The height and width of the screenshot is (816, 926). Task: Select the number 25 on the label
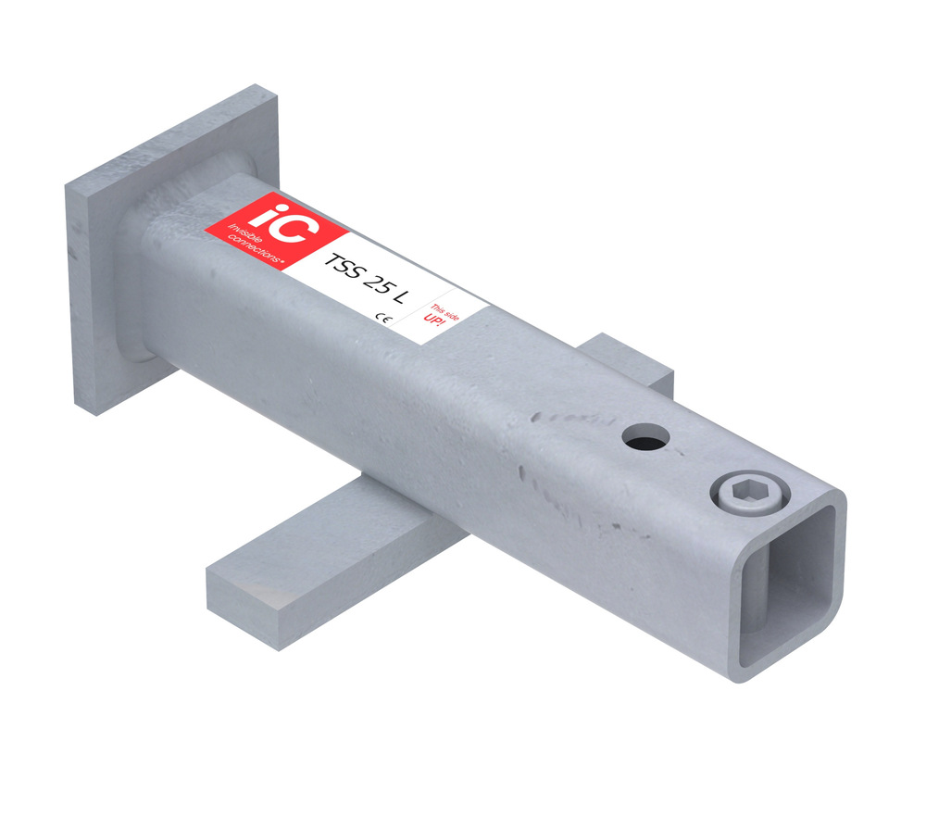[376, 284]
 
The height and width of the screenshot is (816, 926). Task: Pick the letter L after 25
[399, 296]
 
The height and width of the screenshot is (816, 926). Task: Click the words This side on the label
[444, 312]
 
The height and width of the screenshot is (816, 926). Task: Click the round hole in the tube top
[645, 438]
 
